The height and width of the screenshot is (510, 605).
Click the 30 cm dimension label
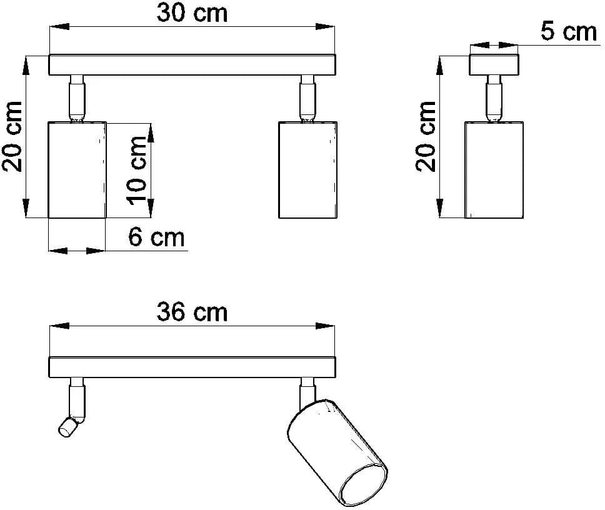click(x=192, y=13)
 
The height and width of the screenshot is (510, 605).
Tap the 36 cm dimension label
click(x=192, y=312)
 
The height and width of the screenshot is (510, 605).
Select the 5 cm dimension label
click(x=568, y=31)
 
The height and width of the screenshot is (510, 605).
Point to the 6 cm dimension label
click(x=156, y=237)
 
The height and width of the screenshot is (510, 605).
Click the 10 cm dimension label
click(x=137, y=170)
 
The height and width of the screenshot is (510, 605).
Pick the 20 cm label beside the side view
click(x=426, y=136)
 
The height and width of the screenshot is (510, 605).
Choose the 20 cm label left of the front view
click(x=12, y=136)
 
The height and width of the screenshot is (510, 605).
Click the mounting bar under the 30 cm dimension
click(x=192, y=65)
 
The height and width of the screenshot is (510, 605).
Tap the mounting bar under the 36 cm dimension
click(x=192, y=367)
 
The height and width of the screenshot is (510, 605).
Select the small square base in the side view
click(x=494, y=65)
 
